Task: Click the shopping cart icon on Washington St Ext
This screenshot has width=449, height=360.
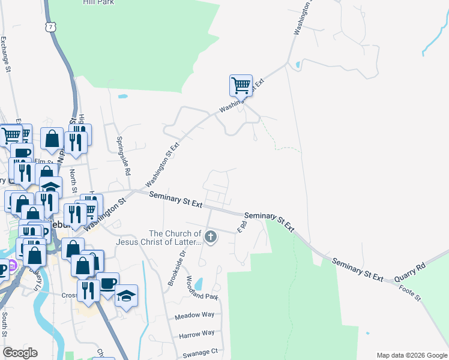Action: point(241,85)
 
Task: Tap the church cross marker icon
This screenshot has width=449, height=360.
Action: point(211,237)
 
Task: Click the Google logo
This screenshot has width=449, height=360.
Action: point(20,353)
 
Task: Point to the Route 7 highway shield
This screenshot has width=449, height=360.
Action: point(52,25)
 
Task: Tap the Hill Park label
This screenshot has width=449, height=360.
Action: point(98,2)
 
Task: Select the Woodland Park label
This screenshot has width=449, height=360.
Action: point(200,288)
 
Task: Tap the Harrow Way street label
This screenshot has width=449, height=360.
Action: point(196,334)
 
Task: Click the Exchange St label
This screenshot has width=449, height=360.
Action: point(5,54)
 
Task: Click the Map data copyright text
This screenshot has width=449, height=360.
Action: point(411,355)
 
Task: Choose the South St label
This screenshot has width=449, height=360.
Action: point(4,325)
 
